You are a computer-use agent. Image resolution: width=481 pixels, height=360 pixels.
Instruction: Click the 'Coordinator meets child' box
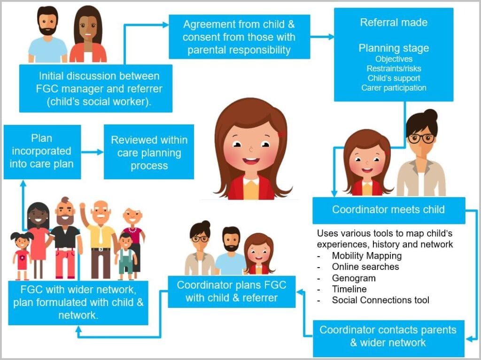(388, 210)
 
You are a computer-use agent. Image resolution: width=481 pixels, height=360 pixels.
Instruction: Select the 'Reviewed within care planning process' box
(149, 152)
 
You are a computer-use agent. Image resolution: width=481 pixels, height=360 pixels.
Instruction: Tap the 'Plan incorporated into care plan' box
(42, 151)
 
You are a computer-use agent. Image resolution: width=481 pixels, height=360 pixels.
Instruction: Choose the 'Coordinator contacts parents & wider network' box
(388, 336)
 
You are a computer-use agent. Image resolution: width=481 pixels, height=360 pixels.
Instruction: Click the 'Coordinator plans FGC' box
(231, 291)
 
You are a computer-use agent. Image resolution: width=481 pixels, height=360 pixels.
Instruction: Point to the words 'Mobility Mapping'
(366, 256)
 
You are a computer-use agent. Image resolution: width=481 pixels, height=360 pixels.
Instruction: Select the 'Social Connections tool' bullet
(380, 300)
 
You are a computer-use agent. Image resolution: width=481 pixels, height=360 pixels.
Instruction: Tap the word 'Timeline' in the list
(349, 289)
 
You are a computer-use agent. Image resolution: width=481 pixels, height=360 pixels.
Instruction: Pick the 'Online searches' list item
(365, 267)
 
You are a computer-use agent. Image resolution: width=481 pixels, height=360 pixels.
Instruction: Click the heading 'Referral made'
(394, 23)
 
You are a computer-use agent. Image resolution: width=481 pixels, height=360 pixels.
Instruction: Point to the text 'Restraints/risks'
(394, 69)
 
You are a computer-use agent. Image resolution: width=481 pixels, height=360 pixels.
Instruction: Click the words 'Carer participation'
(394, 88)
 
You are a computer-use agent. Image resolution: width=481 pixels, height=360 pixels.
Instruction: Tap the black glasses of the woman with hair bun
(421, 138)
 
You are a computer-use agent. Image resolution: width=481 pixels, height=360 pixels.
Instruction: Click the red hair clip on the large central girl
(281, 134)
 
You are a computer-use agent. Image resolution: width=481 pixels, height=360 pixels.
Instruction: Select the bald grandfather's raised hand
(83, 207)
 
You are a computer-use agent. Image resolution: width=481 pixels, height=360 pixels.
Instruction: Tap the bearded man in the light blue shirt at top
(47, 35)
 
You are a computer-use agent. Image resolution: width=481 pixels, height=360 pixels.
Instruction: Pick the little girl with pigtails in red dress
(21, 253)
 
